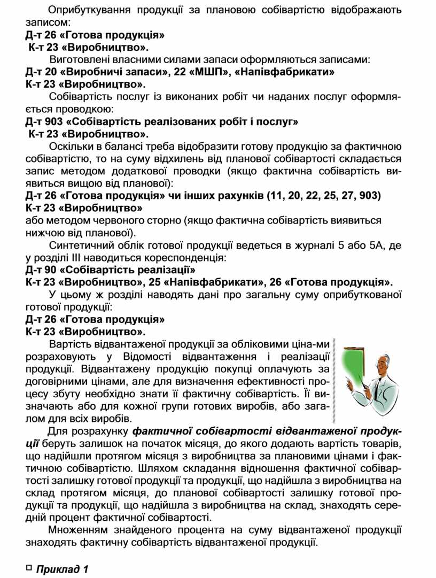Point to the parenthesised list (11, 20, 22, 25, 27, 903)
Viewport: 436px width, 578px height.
[x=324, y=195]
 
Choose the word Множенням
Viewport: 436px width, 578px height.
[x=77, y=530]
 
